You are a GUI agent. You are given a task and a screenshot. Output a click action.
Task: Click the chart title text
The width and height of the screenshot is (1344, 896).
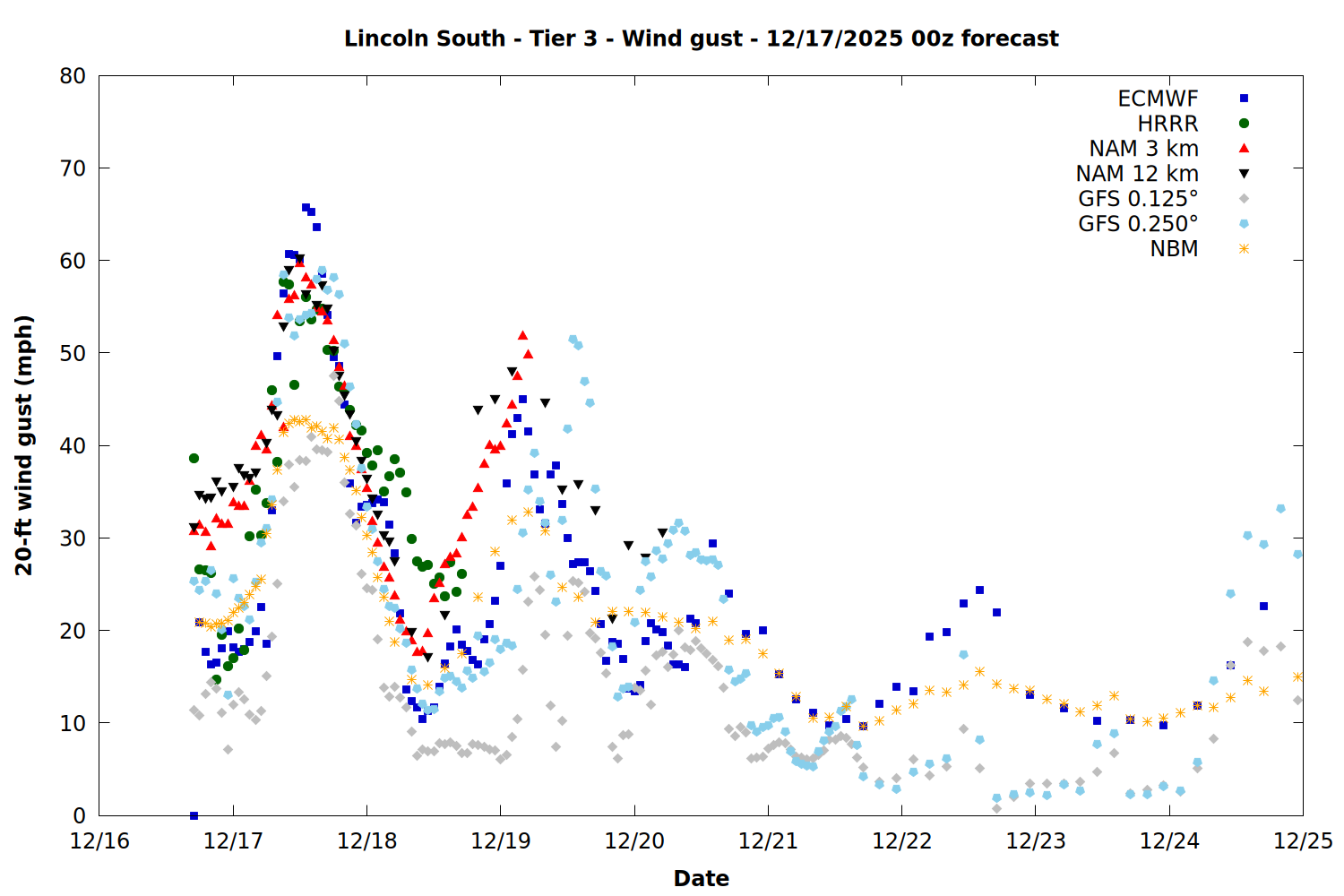tap(701, 39)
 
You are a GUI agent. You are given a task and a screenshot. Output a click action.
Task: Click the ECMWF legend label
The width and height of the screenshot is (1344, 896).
tap(1158, 99)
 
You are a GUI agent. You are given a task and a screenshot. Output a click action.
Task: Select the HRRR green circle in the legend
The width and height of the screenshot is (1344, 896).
tap(1244, 124)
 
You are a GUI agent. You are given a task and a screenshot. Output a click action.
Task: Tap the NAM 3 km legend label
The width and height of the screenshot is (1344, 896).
tap(1143, 149)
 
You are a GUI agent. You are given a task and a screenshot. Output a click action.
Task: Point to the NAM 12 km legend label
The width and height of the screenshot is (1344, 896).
tap(1137, 174)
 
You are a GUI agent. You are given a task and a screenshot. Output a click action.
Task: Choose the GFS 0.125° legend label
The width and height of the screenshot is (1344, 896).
tap(1138, 199)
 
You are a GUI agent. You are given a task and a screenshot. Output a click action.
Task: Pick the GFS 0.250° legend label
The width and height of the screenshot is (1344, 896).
tap(1138, 224)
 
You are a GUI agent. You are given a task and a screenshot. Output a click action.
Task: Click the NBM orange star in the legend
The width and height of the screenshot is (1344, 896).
tap(1244, 249)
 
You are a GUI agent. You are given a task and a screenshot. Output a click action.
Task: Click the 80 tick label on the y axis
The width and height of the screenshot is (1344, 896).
tap(73, 76)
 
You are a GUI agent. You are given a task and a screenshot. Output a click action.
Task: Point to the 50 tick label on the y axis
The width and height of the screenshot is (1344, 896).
tap(73, 353)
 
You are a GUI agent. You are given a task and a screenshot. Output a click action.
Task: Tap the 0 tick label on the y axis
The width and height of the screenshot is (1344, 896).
tap(80, 815)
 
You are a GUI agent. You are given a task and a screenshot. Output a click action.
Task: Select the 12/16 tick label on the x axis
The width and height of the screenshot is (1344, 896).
tap(99, 842)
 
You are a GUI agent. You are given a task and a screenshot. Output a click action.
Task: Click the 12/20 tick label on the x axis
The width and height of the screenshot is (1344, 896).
tap(634, 842)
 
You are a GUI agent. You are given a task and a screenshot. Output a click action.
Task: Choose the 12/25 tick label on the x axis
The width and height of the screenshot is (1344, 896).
tap(1303, 842)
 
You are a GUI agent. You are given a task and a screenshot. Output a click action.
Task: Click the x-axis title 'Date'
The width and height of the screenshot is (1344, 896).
tap(701, 878)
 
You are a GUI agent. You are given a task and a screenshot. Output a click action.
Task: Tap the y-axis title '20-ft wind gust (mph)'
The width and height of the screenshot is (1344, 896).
tap(24, 445)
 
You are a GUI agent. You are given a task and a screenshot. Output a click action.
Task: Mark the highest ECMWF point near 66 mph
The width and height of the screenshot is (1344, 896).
tap(306, 208)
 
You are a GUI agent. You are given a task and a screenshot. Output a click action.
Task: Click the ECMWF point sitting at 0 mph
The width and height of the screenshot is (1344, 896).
tap(194, 815)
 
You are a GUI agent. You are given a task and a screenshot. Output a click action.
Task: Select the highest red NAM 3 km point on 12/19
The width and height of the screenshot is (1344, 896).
tap(522, 336)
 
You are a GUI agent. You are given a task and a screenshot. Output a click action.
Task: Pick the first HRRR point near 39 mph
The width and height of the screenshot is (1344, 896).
tap(194, 458)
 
